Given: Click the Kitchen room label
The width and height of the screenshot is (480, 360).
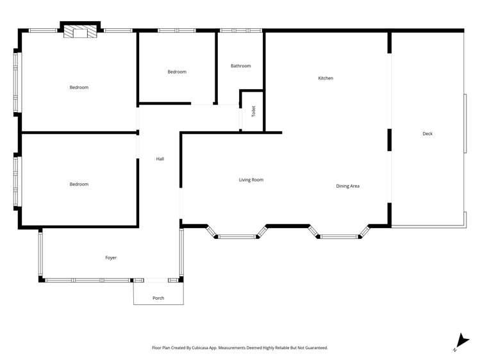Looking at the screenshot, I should pyautogui.click(x=326, y=78).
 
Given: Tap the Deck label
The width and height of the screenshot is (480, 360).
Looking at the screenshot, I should pyautogui.click(x=427, y=134).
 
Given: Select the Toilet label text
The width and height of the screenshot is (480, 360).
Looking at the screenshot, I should pyautogui.click(x=254, y=111).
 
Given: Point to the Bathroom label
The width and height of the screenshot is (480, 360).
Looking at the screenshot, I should pyautogui.click(x=240, y=66).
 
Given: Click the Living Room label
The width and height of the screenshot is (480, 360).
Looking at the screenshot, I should pyautogui.click(x=251, y=180).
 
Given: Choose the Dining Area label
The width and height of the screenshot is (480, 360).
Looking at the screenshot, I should pyautogui.click(x=347, y=186).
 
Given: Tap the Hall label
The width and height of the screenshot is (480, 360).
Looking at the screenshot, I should pyautogui.click(x=160, y=159).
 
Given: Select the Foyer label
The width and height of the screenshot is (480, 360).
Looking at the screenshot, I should pyautogui.click(x=111, y=258).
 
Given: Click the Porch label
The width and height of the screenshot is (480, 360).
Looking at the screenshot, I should pyautogui.click(x=158, y=298).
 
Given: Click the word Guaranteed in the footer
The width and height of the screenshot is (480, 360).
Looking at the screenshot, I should pyautogui.click(x=314, y=348).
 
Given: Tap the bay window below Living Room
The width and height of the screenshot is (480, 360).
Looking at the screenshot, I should pyautogui.click(x=236, y=236).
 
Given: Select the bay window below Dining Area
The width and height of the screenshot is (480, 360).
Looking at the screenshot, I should pyautogui.click(x=339, y=236).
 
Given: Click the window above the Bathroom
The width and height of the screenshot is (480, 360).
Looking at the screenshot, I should pyautogui.click(x=240, y=30).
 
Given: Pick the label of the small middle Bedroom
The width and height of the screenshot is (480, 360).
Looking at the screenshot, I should pyautogui.click(x=177, y=72).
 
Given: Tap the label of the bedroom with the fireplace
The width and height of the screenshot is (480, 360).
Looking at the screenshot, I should pyautogui.click(x=79, y=87).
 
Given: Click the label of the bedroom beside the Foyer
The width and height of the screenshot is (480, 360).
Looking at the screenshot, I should pyautogui.click(x=79, y=184).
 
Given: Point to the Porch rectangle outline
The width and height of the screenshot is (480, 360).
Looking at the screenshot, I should pyautogui.click(x=158, y=304).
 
